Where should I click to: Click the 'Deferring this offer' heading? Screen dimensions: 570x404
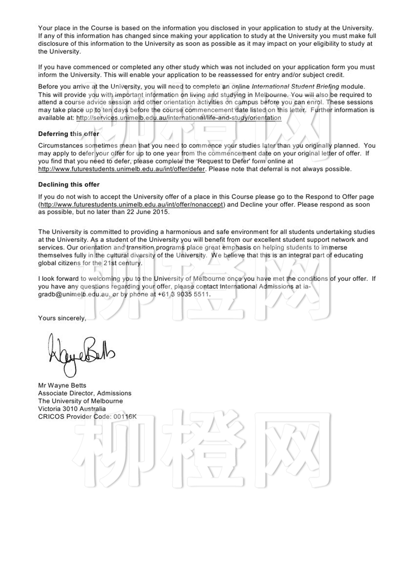[x=69, y=134]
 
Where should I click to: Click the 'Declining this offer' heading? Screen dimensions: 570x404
[x=69, y=185]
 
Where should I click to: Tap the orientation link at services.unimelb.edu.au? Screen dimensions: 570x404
[x=179, y=118]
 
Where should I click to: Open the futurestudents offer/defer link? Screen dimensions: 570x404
[x=121, y=169]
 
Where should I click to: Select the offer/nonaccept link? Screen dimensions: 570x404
[x=132, y=205]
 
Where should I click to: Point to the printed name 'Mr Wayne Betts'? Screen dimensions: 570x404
[x=62, y=386]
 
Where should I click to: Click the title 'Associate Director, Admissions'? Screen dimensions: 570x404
[x=85, y=393]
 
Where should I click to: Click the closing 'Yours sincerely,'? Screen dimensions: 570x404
[x=62, y=318]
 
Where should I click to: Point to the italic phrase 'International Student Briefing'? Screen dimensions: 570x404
[x=295, y=87]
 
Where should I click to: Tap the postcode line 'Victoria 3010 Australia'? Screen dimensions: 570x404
[x=72, y=409]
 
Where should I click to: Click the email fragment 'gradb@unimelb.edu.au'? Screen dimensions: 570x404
[x=74, y=295]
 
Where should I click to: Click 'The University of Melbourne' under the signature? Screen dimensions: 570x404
[x=81, y=401]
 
